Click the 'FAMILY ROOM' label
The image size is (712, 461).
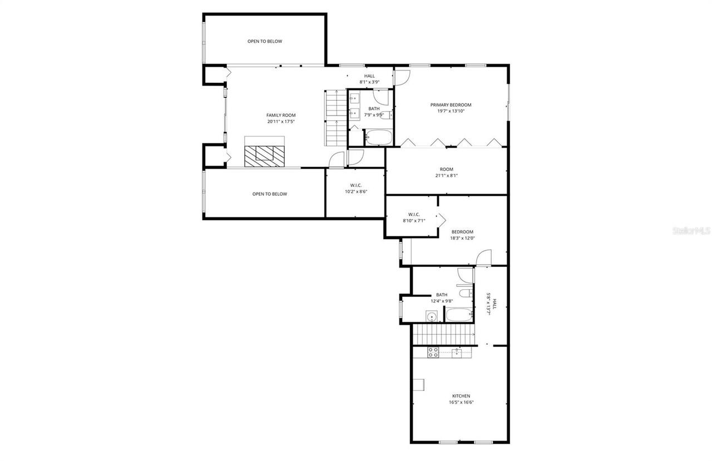(x=281, y=115)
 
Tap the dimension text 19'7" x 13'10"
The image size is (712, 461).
(x=451, y=111)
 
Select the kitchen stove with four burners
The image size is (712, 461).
(x=433, y=352)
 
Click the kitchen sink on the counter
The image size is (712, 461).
(x=457, y=352)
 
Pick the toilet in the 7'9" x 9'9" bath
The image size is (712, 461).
(x=391, y=115)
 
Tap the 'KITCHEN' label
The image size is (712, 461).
(x=461, y=396)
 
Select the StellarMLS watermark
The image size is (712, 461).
(x=691, y=230)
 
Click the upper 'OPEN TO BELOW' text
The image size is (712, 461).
(x=265, y=41)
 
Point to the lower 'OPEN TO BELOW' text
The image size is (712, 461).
(x=269, y=194)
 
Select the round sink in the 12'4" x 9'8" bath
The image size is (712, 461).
(x=431, y=316)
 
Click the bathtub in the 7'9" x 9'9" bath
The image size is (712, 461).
(x=379, y=137)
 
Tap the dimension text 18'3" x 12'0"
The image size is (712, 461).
(x=462, y=238)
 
